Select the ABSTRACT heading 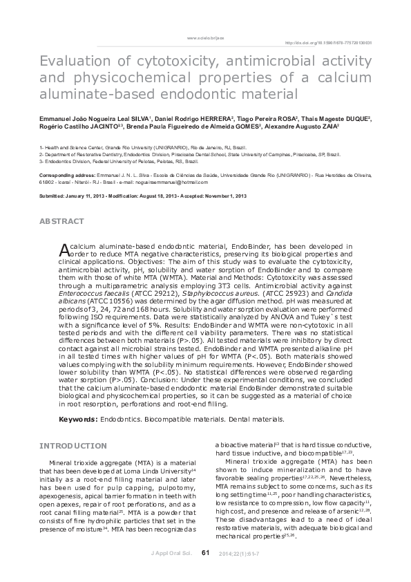[x=62, y=221]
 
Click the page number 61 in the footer [x=205, y=552]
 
